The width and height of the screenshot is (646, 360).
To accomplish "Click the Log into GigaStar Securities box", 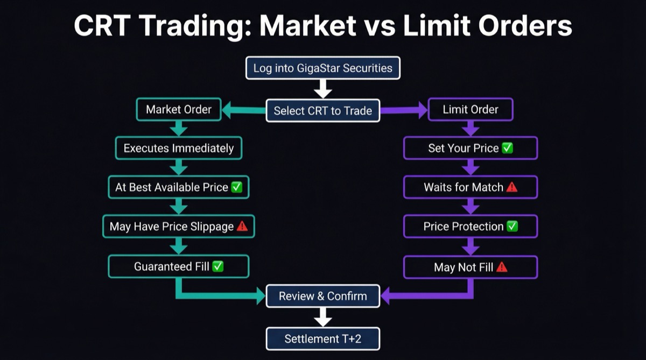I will coord(323,68).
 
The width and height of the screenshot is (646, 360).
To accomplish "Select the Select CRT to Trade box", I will coord(323,111).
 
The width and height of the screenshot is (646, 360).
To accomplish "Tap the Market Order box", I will coord(179,110).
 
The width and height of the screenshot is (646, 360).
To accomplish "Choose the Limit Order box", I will coord(471,110).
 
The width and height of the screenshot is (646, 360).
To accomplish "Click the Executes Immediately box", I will coord(179,148).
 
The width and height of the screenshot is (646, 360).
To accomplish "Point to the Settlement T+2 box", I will coord(323,339).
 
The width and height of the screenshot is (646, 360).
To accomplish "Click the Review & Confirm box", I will coord(323,296).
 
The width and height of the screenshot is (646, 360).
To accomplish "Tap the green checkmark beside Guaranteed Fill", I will coord(217,266).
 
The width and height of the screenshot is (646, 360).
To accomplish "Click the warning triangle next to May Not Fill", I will coord(502,267).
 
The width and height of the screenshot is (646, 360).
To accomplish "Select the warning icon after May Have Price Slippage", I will coord(242,227).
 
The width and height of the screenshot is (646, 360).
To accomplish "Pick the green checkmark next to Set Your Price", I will coord(507,148).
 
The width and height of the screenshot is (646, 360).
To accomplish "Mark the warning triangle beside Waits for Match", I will coord(511,187).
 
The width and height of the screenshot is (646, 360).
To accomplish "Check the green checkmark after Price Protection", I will coord(512,227).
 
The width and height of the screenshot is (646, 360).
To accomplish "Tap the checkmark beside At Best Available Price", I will coord(236,188).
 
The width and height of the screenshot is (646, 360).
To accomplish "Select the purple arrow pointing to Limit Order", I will coord(404,111).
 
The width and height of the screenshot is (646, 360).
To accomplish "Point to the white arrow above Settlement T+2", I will coord(323,317).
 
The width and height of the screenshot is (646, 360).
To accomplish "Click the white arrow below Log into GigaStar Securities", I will coord(323,89).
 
